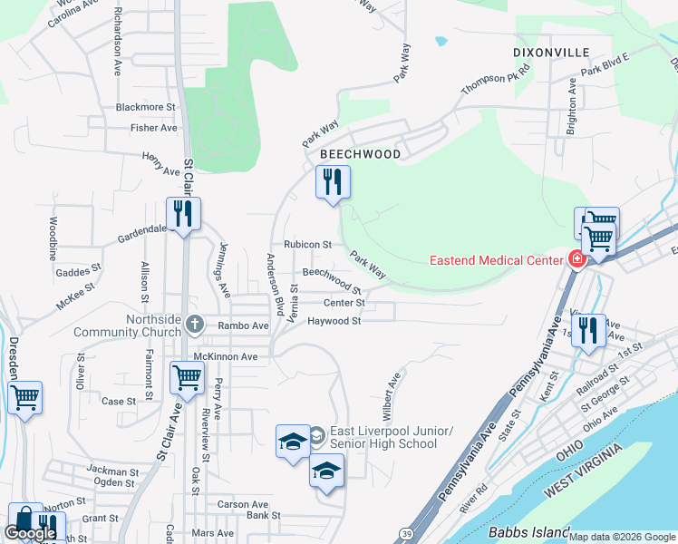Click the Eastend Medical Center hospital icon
576,260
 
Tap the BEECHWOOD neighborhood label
360,154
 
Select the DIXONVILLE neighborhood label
551,52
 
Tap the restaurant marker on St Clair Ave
183,214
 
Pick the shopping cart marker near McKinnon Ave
187,377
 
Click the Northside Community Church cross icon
194,325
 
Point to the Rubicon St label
307,245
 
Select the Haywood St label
334,321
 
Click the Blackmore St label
145,106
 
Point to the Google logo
29,534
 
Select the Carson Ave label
243,504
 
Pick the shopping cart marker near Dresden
24,396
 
